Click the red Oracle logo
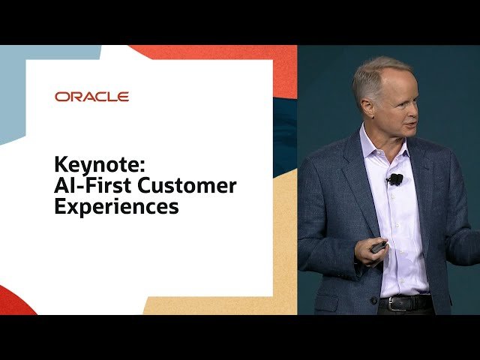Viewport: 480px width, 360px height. [91, 97]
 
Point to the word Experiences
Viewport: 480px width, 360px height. [116, 206]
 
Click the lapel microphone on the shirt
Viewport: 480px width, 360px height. [395, 179]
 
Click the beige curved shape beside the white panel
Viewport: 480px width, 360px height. [285, 225]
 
